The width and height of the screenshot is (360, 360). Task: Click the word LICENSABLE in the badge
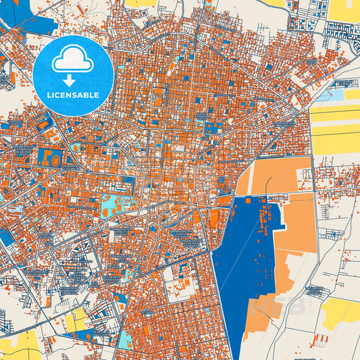click(72, 95)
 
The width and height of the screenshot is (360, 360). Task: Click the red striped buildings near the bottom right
click(320, 338)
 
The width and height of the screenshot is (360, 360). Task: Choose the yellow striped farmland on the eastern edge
click(336, 128)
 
